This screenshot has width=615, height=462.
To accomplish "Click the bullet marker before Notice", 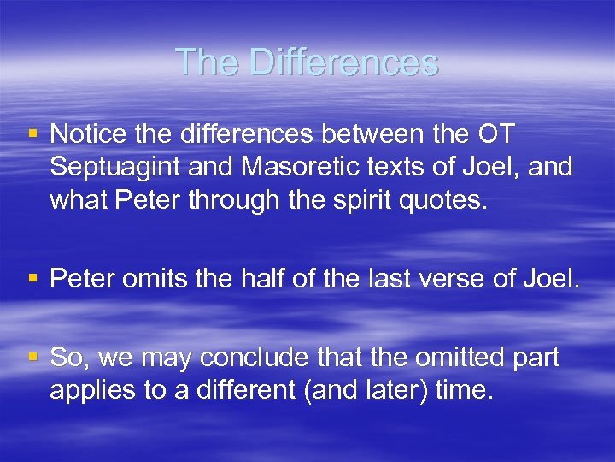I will (33, 134).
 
